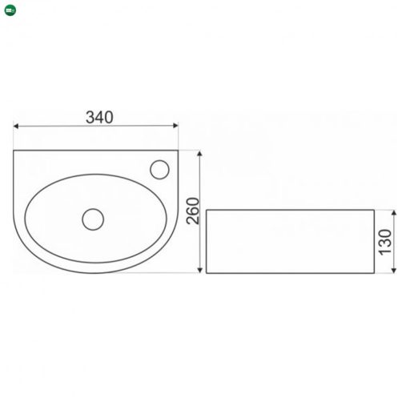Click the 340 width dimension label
pyautogui.click(x=99, y=117)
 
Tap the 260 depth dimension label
pyautogui.click(x=193, y=211)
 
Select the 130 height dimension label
pyautogui.click(x=386, y=243)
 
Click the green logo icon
pyautogui.click(x=10, y=10)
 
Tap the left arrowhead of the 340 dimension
pyautogui.click(x=15, y=126)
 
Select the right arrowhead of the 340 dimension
pyautogui.click(x=175, y=126)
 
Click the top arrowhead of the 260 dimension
pyautogui.click(x=199, y=153)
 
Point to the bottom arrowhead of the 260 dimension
pyautogui.click(x=199, y=271)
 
